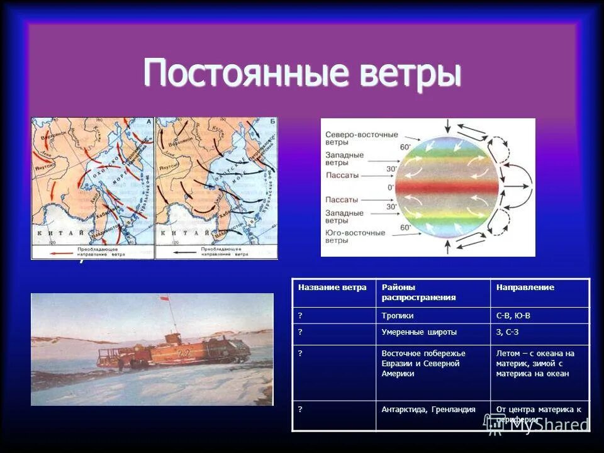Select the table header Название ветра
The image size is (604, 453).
pyautogui.click(x=332, y=288)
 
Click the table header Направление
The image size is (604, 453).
pyautogui.click(x=525, y=288)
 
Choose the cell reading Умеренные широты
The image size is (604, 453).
pyautogui.click(x=419, y=332)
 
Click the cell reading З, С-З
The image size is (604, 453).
pyautogui.click(x=507, y=332)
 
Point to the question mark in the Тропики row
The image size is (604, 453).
pyautogui.click(x=300, y=315)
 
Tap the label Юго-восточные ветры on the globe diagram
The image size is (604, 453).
pyautogui.click(x=355, y=237)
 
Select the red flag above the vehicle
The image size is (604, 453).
pyautogui.click(x=165, y=298)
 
